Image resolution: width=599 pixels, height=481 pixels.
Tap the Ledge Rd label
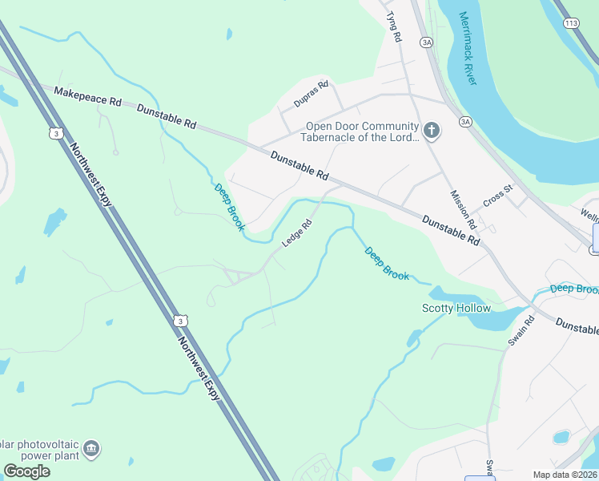[x=296, y=233]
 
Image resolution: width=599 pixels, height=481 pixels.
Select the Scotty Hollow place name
[x=456, y=309]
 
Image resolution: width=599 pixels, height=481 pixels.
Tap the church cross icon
[x=432, y=131]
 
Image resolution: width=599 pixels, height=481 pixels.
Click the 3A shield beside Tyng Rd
[x=427, y=42]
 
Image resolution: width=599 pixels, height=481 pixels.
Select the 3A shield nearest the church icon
[x=466, y=122]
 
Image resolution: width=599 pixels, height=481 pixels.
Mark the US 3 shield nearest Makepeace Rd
[x=55, y=133]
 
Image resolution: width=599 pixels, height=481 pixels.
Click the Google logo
[x=26, y=471]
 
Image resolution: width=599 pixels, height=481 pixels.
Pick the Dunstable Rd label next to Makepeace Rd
[x=167, y=117]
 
